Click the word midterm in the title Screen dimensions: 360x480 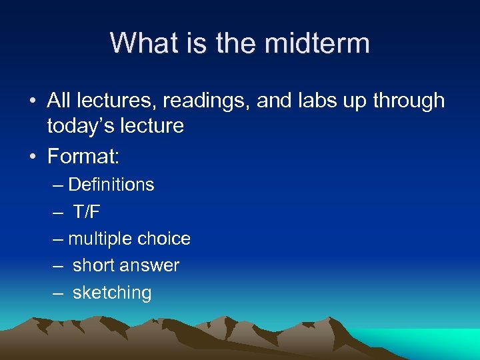click(317, 43)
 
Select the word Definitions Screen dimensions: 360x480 click(111, 185)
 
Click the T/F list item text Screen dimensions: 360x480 click(87, 211)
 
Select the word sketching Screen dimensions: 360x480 click(112, 293)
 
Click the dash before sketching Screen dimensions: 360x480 click(59, 293)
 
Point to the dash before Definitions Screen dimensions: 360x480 click(59, 185)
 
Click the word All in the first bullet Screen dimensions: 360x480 click(59, 101)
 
